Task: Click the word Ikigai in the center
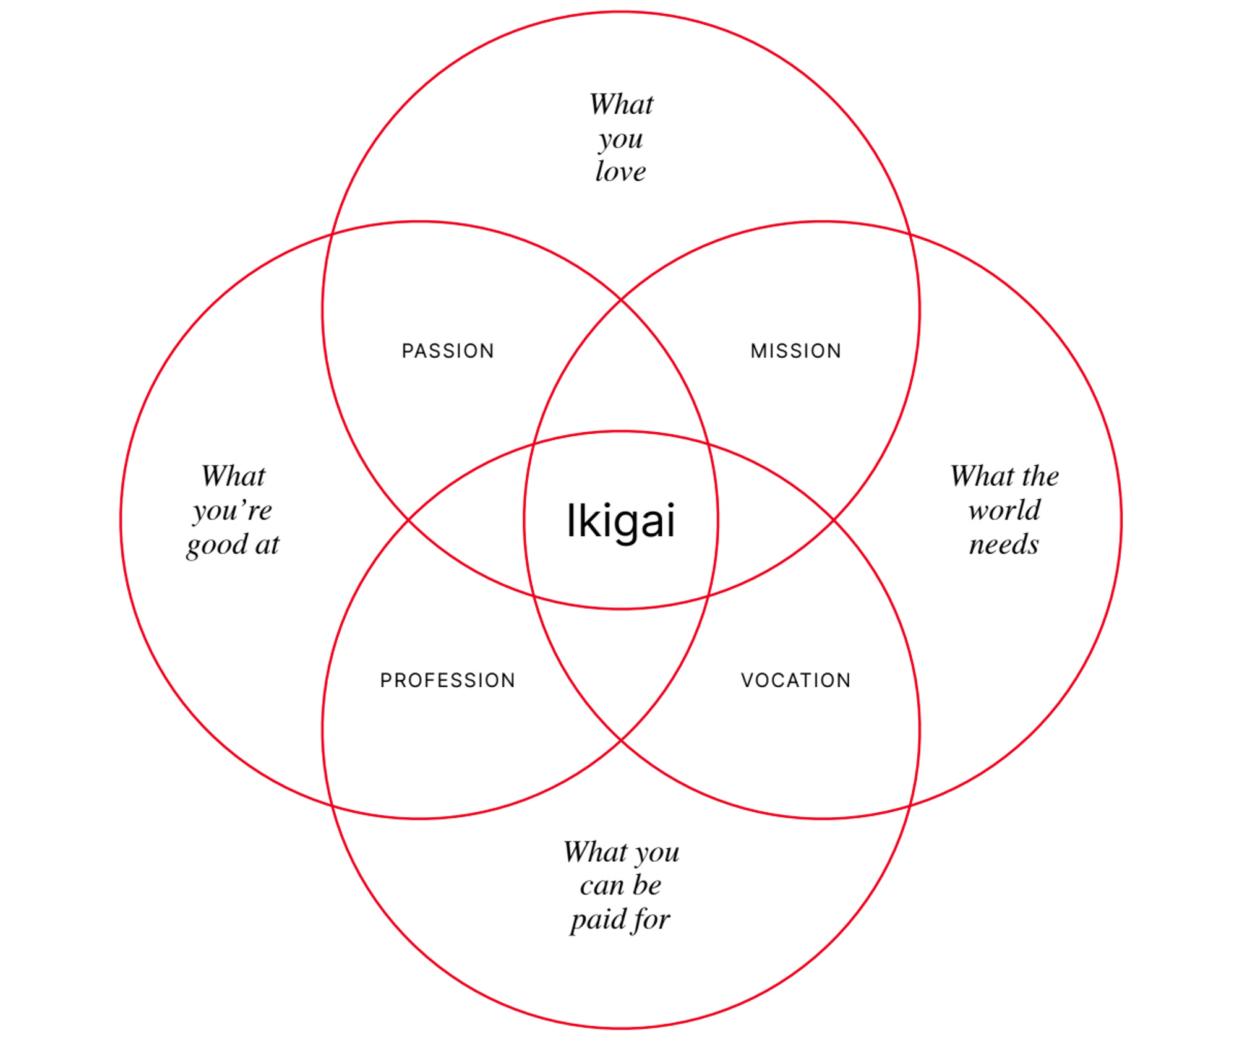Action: pos(620,521)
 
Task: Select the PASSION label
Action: pos(448,351)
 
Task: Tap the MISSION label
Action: pos(795,351)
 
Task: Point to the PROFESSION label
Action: pos(447,680)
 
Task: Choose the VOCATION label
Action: pos(795,680)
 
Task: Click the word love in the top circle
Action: pos(620,171)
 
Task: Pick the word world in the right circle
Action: pos(1004,510)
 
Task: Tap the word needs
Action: pos(1003,544)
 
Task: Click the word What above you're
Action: pos(233,476)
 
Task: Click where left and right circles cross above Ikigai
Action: pos(621,300)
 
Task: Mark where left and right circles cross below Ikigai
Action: pos(621,740)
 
